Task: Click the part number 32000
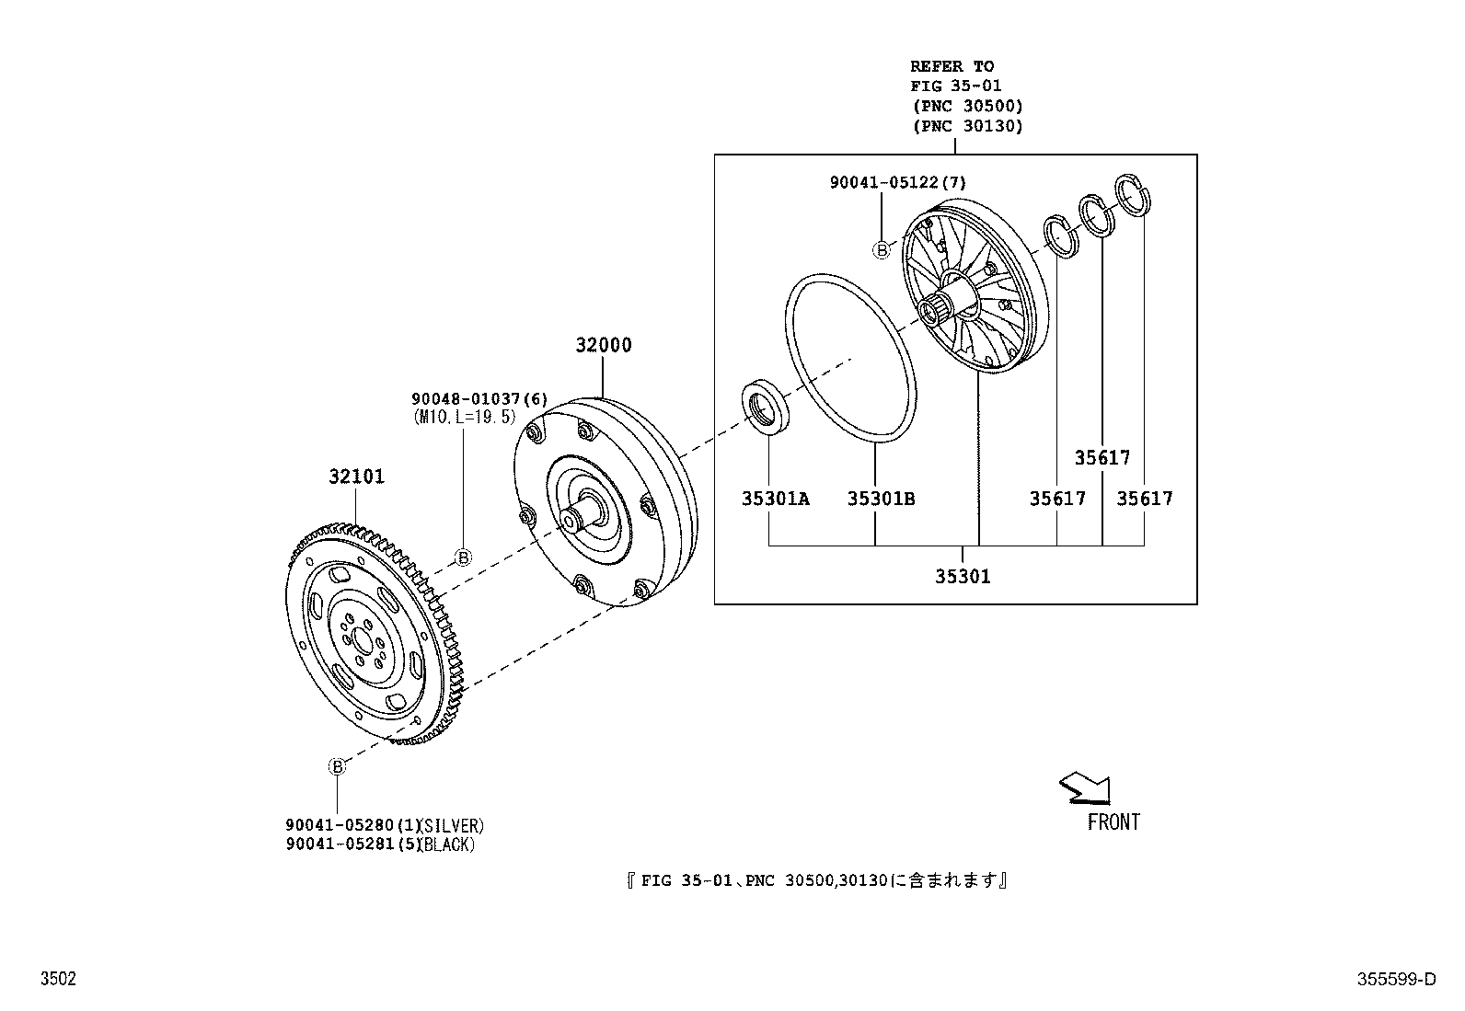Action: (603, 345)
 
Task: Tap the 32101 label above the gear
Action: (356, 477)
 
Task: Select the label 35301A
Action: (775, 499)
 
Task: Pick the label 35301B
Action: (881, 499)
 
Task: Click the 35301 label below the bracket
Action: (962, 577)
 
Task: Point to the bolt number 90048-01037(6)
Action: (479, 399)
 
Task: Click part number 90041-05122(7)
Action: (898, 182)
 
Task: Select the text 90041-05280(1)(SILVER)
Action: (385, 825)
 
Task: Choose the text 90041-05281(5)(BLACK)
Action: (380, 844)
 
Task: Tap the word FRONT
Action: (1113, 822)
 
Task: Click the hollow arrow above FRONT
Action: (1086, 787)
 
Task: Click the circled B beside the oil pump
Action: (881, 250)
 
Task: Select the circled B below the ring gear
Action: (336, 766)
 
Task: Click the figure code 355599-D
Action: (1396, 979)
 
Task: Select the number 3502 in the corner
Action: (58, 979)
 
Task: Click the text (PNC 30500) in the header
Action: (967, 106)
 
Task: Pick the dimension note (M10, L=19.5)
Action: (465, 418)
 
